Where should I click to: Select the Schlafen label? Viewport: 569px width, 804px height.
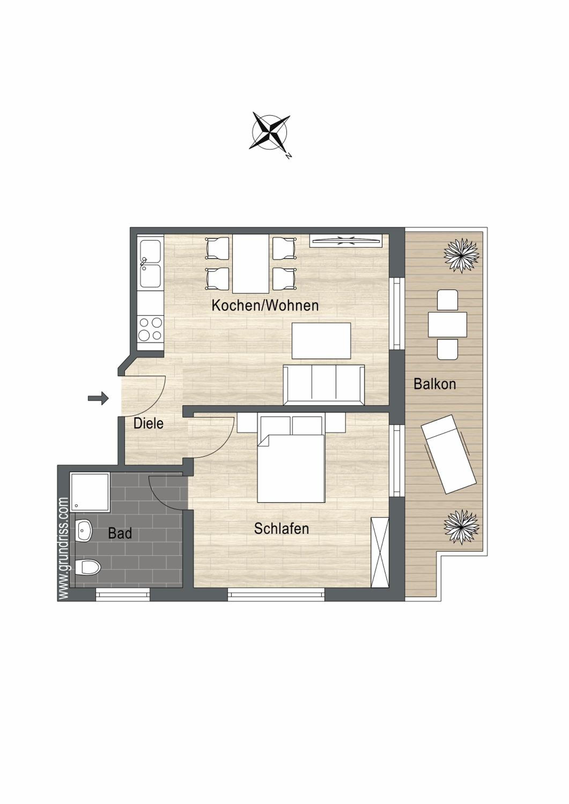click(x=281, y=528)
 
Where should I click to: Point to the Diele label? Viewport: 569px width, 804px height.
click(x=149, y=423)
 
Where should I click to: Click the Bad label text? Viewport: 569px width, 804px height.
click(x=120, y=533)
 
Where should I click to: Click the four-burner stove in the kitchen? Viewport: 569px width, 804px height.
click(x=150, y=329)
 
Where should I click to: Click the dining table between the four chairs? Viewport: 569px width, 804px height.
click(x=250, y=264)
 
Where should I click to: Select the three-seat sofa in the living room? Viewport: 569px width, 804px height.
click(x=324, y=385)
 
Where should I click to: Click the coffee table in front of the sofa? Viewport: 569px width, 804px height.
click(x=321, y=341)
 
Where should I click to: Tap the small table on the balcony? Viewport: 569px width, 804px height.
click(x=448, y=325)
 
